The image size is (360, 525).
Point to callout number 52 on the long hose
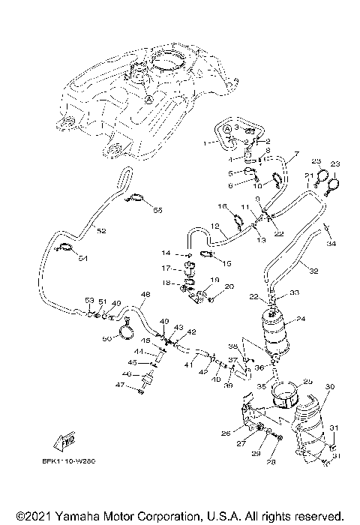point(101,231)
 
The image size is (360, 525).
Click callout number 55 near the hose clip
point(157,211)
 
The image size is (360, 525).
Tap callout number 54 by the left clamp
point(82,259)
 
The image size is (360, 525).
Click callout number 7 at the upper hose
point(295,154)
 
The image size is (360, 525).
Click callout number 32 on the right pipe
point(313,271)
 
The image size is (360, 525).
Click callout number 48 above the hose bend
point(145,295)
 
